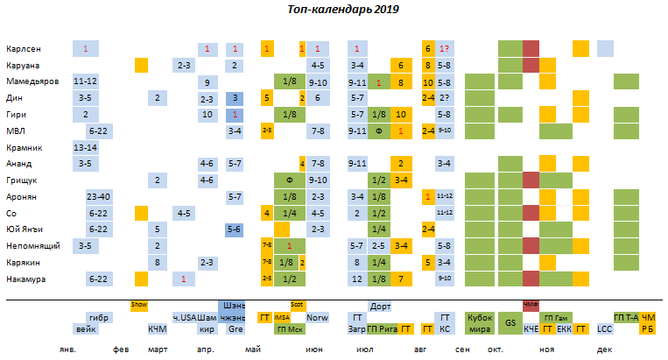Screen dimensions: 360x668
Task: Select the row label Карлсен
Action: [23, 49]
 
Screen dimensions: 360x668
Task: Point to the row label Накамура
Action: [26, 279]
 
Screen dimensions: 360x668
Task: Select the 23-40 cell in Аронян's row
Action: [98, 197]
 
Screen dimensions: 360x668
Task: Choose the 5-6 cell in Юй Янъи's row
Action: [235, 229]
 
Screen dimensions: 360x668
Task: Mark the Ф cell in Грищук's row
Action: [289, 180]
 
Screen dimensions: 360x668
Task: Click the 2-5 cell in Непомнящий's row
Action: [379, 246]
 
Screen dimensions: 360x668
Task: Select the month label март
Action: [158, 349]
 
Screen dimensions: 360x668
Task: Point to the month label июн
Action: [312, 349]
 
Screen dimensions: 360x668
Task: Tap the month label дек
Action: [604, 349]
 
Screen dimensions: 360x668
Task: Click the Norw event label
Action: [317, 318]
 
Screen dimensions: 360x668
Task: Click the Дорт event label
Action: [380, 307]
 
